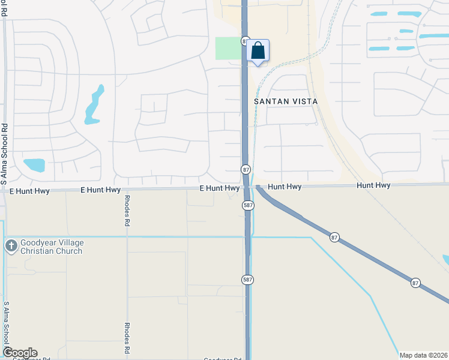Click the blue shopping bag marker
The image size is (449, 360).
[x=258, y=51]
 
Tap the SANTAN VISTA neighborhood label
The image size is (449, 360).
[x=285, y=101]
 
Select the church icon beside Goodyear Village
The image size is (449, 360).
[x=11, y=245]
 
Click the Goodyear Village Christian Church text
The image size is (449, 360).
[x=52, y=247]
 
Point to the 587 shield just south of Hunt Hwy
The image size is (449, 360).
[x=249, y=206]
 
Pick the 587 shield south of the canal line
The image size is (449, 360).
[x=247, y=280]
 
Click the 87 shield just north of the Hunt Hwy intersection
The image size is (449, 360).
[x=246, y=170]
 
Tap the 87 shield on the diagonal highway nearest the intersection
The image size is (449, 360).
[x=334, y=238]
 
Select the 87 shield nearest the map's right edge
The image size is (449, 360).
[x=415, y=282]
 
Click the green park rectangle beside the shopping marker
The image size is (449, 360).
[x=228, y=48]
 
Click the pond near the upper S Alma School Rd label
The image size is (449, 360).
[x=34, y=165]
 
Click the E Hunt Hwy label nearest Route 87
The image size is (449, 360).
[x=220, y=188]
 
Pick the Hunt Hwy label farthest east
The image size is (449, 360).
[x=373, y=187]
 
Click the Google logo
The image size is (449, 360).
[x=19, y=353]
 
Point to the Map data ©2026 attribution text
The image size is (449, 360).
[x=423, y=355]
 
